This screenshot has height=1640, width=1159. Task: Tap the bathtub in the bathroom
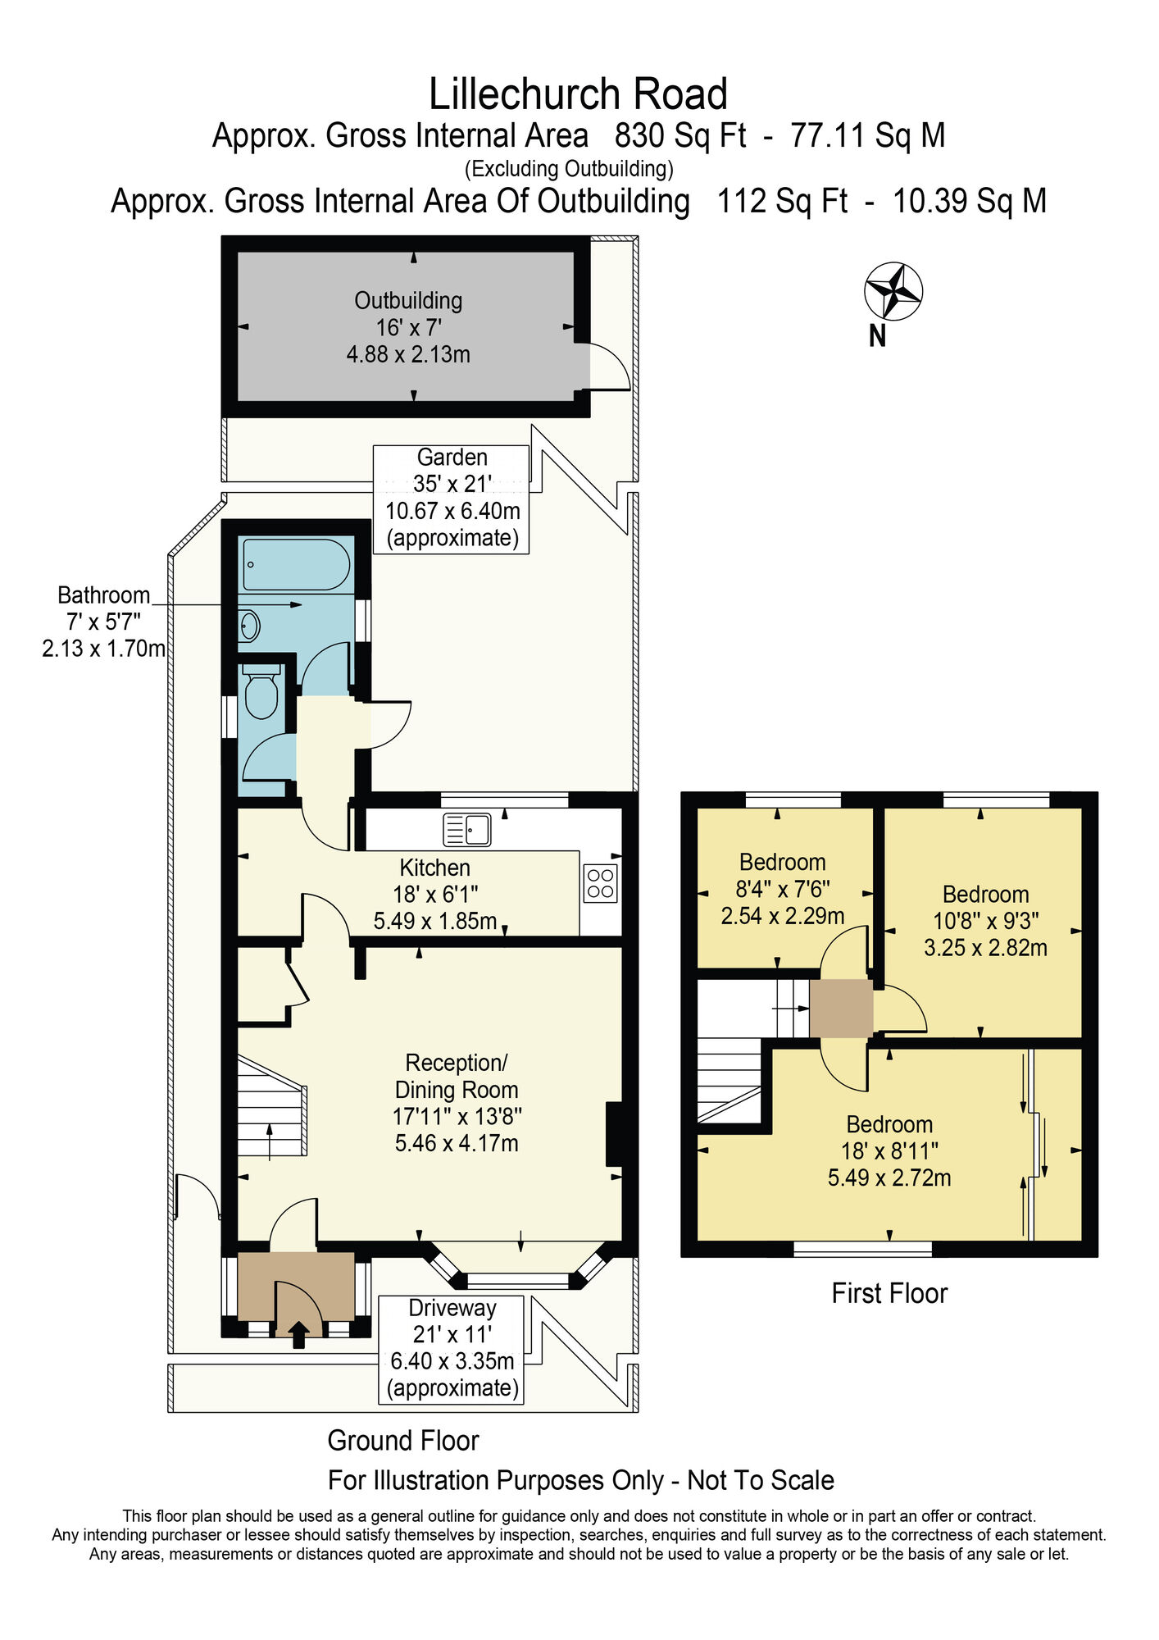pos(297,564)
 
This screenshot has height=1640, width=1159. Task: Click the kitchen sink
pos(466,829)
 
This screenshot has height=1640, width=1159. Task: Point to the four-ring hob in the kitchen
pos(601,883)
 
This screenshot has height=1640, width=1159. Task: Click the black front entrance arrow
pos(298,1334)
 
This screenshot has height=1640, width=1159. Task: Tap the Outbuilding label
pos(408,301)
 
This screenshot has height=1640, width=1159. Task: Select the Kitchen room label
pos(434,868)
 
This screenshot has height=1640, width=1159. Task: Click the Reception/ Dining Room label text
pos(457,1076)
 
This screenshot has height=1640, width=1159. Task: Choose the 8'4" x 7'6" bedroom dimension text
pos(783,889)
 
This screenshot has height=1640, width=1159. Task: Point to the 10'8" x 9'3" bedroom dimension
pos(986,921)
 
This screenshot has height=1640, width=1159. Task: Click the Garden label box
pos(451,499)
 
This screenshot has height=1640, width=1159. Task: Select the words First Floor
pos(889,1293)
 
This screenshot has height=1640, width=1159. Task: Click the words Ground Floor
pos(403,1440)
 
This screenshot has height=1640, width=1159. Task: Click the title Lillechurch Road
pos(579,93)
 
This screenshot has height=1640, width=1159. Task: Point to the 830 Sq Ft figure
pos(680,135)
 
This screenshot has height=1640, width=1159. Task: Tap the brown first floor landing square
pos(841,1008)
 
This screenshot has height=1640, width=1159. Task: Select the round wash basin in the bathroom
pos(249,626)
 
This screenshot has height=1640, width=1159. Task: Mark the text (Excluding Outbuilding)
pos(569,169)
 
